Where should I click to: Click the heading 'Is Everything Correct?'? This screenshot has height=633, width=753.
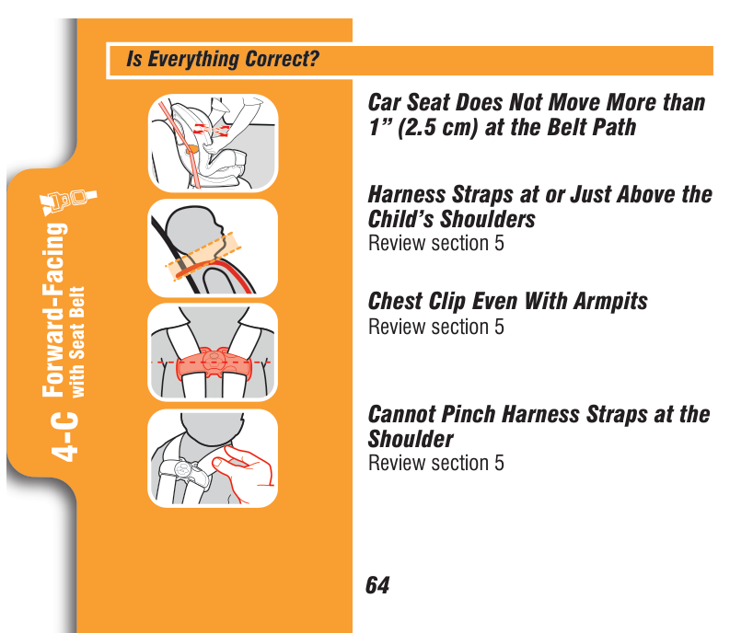[223, 59]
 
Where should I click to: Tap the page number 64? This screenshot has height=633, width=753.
[377, 585]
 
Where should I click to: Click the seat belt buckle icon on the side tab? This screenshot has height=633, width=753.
[69, 201]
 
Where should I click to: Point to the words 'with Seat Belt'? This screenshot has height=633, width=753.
[77, 342]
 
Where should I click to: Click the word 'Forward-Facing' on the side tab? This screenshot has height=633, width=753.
[54, 310]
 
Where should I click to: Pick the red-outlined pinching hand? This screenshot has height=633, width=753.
[244, 472]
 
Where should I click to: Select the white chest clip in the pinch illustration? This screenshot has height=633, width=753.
[185, 472]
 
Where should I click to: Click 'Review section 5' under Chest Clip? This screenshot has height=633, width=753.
[436, 327]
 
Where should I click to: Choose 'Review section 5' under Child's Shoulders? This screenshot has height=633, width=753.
[436, 243]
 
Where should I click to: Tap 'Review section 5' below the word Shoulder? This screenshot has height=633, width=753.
[436, 463]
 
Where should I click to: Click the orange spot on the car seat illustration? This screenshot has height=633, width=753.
[191, 148]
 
